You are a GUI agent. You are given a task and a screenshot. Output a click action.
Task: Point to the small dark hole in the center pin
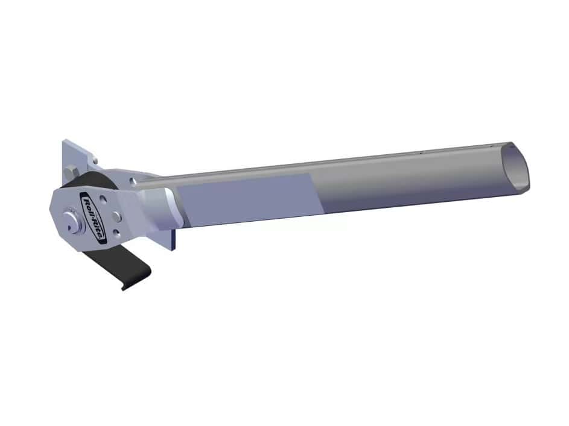click(x=69, y=228)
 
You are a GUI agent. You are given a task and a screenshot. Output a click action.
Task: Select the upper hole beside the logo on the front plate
click(x=104, y=199)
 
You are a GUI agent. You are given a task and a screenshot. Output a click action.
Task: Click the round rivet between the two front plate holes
click(x=116, y=217)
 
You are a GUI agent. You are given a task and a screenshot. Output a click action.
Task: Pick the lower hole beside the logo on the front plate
click(x=116, y=233)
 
